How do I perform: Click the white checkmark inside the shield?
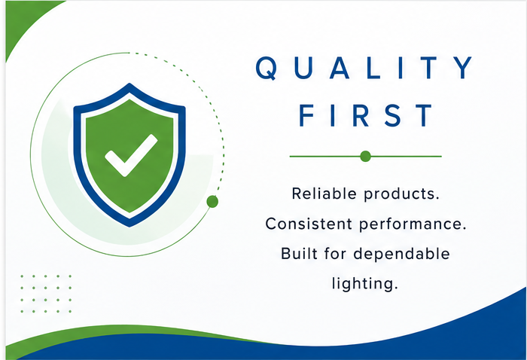[131, 155]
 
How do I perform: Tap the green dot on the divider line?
[365, 157]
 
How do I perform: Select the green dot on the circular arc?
[212, 202]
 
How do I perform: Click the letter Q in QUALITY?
[267, 68]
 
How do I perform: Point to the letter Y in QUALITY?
[463, 68]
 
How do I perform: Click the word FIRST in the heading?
[365, 115]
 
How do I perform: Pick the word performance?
[413, 224]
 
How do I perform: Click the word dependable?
[401, 254]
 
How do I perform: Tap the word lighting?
[365, 283]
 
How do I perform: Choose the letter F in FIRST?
[306, 115]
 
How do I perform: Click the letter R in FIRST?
[361, 115]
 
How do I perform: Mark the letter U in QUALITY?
[304, 68]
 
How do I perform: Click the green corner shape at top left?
[23, 20]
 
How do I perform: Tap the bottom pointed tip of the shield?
[129, 226]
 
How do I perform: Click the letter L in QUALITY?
[373, 68]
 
